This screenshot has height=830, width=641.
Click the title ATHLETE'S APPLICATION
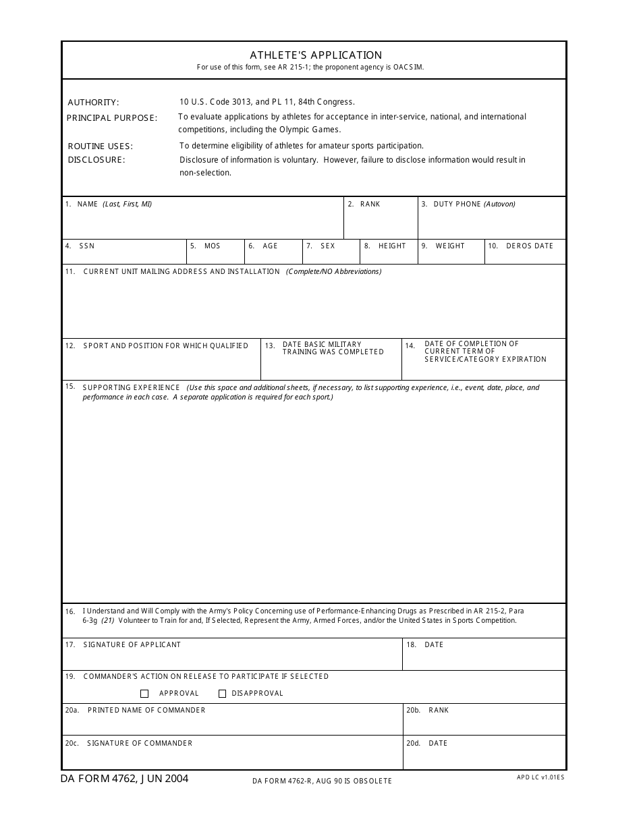pyautogui.click(x=316, y=55)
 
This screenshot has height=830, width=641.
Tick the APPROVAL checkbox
pyautogui.click(x=144, y=694)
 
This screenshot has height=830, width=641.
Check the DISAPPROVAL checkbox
pyautogui.click(x=223, y=694)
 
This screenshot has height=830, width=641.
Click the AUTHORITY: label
pyautogui.click(x=93, y=103)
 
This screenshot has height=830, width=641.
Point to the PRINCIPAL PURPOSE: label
pyautogui.click(x=111, y=118)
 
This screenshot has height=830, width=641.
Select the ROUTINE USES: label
pyautogui.click(x=100, y=146)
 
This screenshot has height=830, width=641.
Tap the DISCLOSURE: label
pyautogui.click(x=96, y=160)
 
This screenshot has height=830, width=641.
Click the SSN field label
pyautogui.click(x=86, y=246)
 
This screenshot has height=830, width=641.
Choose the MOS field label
pyautogui.click(x=213, y=246)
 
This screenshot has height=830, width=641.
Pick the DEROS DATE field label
pyautogui.click(x=529, y=246)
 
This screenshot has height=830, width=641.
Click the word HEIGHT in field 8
pyautogui.click(x=392, y=246)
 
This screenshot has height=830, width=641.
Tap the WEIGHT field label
pyautogui.click(x=450, y=246)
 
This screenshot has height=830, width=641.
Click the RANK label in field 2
pyautogui.click(x=370, y=204)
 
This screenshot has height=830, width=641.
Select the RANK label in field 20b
pyautogui.click(x=438, y=711)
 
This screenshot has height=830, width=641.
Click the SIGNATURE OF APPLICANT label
pyautogui.click(x=132, y=645)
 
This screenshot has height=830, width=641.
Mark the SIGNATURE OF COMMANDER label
pyautogui.click(x=139, y=744)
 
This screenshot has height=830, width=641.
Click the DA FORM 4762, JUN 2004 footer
pyautogui.click(x=125, y=779)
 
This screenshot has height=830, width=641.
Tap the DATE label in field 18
pyautogui.click(x=434, y=645)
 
